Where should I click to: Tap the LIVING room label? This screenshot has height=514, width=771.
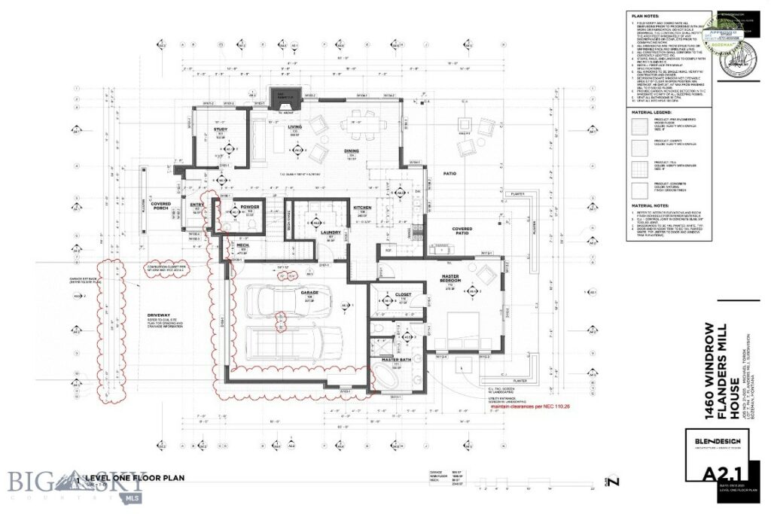coord(294,127)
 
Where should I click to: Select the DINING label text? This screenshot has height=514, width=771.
coord(350,150)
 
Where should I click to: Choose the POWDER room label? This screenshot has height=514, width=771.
coord(251,206)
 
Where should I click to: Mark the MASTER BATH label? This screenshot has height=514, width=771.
coord(395,360)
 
